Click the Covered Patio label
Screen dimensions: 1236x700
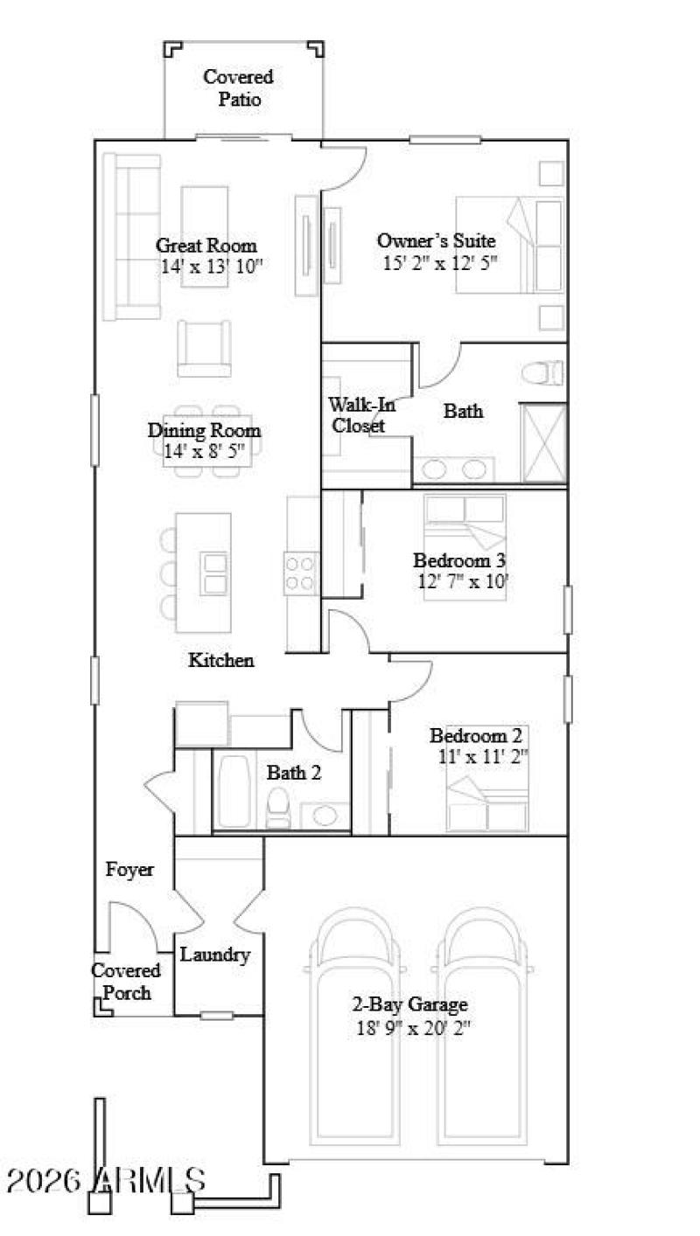[x=239, y=88]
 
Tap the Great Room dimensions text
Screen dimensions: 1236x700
[x=212, y=267]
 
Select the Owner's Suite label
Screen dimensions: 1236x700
[x=437, y=240]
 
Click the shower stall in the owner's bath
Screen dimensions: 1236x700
[x=543, y=441]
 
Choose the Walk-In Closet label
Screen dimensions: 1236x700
[x=357, y=415]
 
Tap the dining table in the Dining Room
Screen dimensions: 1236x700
[x=204, y=440]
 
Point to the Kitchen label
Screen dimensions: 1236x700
[x=221, y=661]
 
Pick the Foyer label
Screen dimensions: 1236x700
[x=129, y=870]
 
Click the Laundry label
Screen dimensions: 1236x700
[x=215, y=955]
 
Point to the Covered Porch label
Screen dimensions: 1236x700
[x=127, y=982]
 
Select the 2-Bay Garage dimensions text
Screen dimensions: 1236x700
[x=414, y=1029]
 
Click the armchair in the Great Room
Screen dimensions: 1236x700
[x=204, y=347]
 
